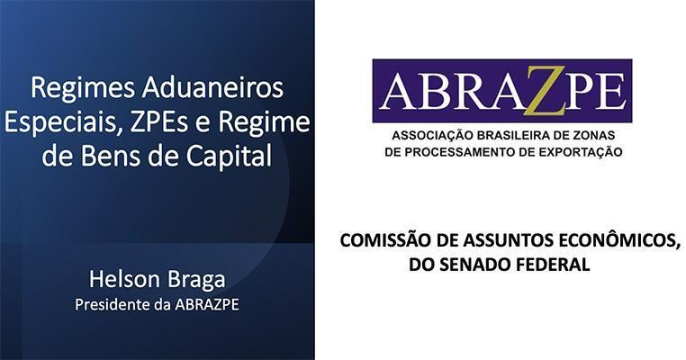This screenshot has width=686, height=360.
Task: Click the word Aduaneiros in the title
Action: click(x=212, y=88)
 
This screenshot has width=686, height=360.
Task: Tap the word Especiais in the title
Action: click(x=63, y=122)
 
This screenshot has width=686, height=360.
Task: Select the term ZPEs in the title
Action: click(x=159, y=122)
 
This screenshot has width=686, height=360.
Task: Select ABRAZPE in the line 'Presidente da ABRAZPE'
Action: click(x=207, y=305)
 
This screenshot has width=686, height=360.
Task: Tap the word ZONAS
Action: click(x=596, y=136)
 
